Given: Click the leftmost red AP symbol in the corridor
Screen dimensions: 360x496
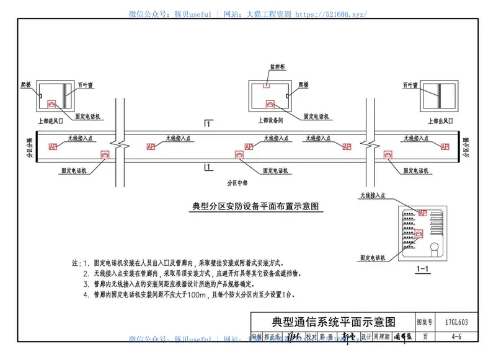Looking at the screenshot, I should point(53,147).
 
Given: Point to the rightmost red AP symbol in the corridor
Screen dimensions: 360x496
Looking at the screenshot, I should point(444,147).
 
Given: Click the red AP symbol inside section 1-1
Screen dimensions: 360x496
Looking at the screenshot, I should point(423,213).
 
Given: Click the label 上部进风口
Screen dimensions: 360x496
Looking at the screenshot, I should point(51,121).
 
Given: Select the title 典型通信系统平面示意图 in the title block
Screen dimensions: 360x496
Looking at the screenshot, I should point(333,322).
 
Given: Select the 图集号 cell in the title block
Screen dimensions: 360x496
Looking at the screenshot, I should point(425,322).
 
